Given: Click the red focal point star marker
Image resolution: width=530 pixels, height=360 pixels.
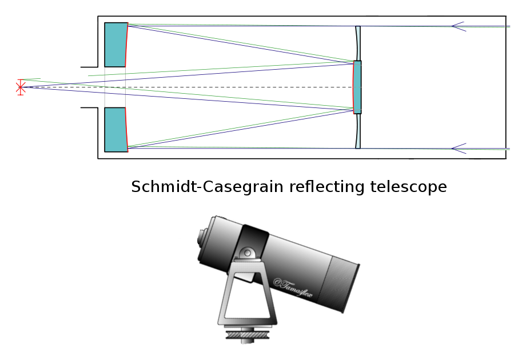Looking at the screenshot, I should (x=21, y=87).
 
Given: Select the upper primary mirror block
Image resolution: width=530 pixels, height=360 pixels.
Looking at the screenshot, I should (x=115, y=45).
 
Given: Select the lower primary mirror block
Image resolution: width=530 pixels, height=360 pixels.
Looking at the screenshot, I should (x=115, y=130).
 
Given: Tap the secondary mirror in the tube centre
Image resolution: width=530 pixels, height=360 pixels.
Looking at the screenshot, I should (x=357, y=87).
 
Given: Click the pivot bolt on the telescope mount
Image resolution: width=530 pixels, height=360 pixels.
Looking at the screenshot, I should (x=247, y=253).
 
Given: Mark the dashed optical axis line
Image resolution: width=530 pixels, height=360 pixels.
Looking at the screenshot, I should (x=229, y=87).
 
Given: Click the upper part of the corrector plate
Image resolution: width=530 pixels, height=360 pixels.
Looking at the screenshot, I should (x=358, y=43).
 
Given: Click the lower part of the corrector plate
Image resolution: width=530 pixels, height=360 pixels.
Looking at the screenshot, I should (x=358, y=131).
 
